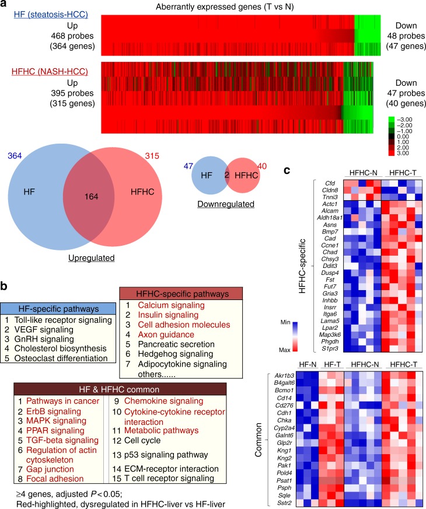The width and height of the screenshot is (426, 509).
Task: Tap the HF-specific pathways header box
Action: coord(53,306)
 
